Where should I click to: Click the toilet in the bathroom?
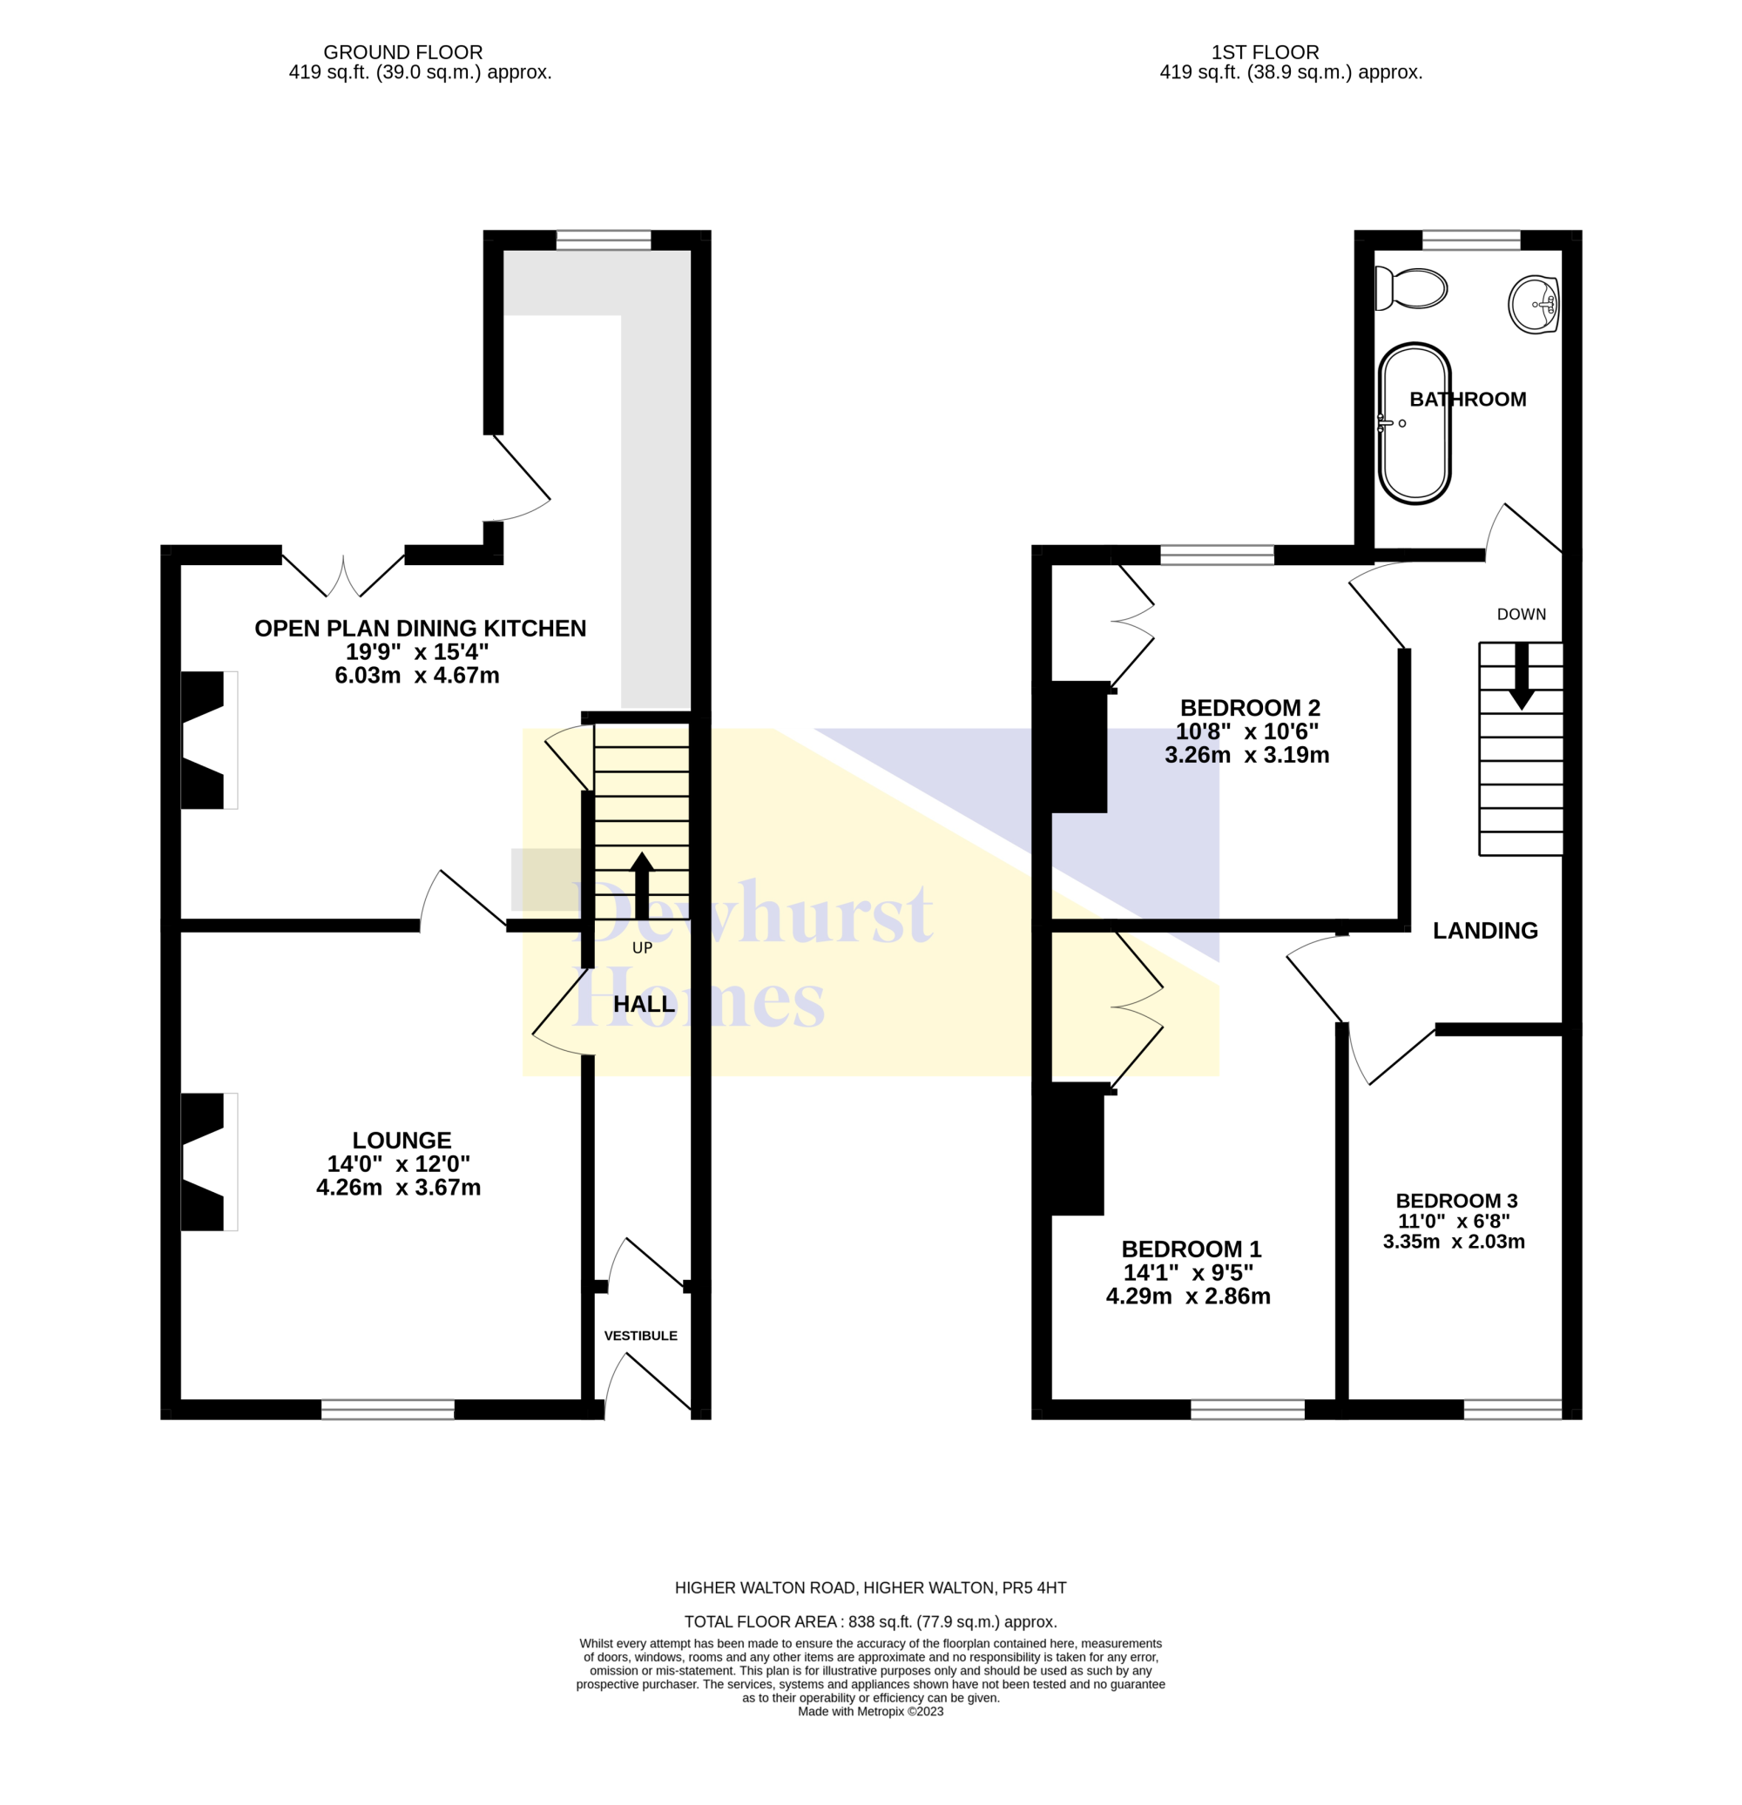1409,288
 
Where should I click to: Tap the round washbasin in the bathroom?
1533,304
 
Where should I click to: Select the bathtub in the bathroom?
1414,424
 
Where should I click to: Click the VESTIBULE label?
640,1336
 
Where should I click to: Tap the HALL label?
644,1004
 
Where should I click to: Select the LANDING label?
1485,930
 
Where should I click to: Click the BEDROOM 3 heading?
1456,1201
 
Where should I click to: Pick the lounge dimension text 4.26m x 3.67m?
398,1187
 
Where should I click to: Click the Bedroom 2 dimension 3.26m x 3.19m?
1246,755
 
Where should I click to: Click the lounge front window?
388,1410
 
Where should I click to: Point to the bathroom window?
1471,239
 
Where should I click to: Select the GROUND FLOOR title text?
402,52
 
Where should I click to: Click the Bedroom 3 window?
1513,1410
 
